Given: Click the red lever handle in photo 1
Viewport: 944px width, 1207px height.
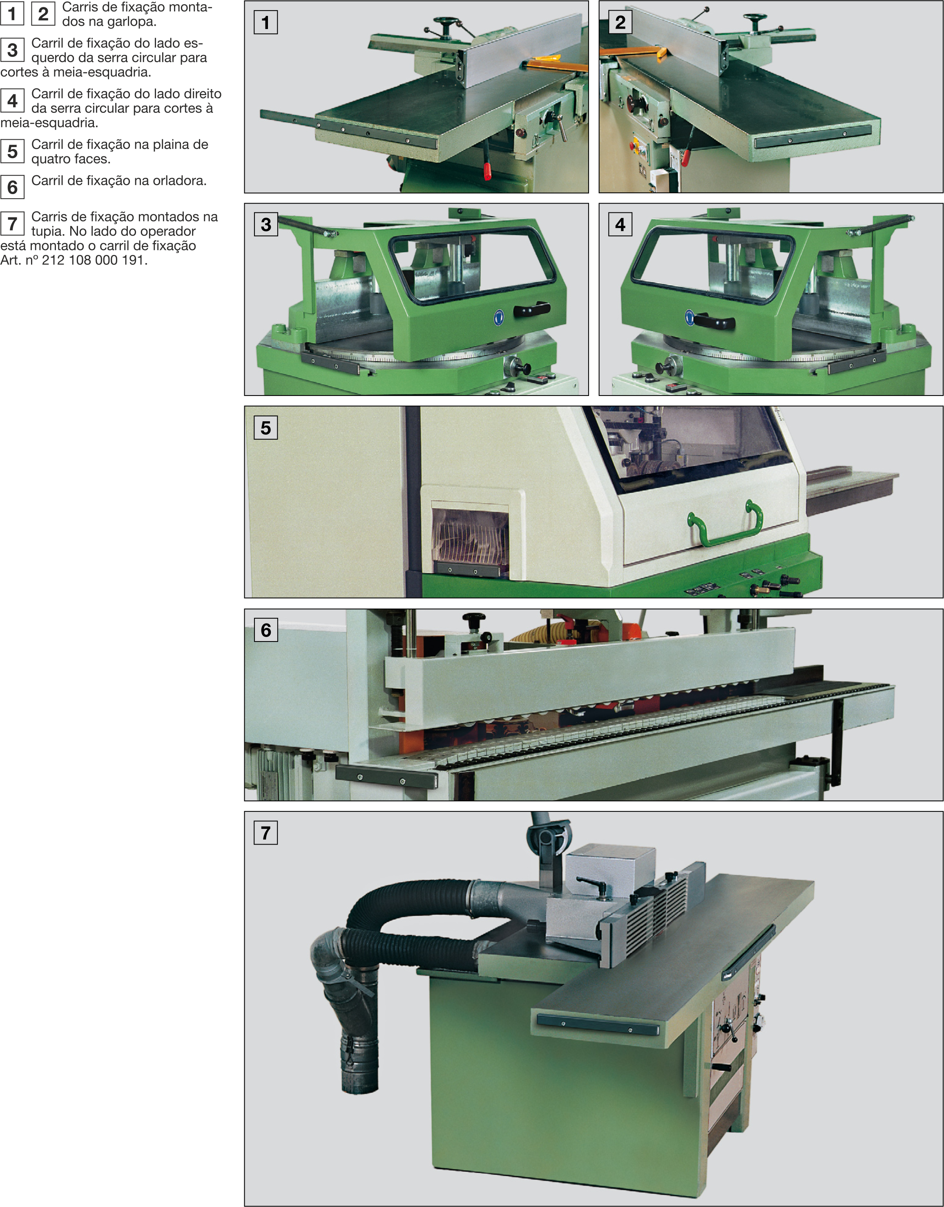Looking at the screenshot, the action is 488,171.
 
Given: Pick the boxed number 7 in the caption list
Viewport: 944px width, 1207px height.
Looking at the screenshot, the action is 12,224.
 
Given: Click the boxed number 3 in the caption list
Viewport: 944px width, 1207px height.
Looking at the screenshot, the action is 12,50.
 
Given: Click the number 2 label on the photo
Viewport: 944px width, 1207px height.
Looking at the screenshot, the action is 620,22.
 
